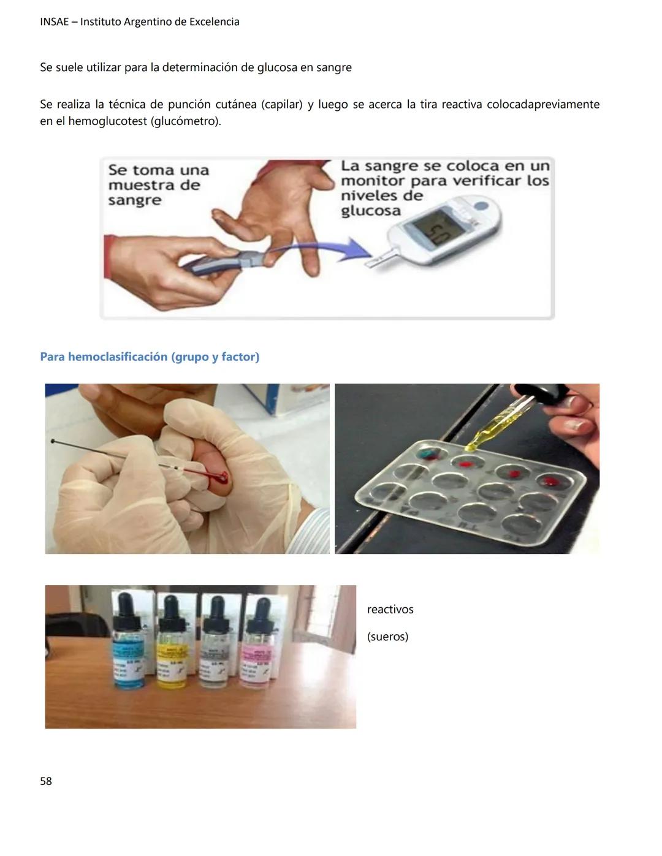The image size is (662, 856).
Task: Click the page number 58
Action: (x=46, y=781)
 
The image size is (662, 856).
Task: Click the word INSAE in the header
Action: (x=55, y=22)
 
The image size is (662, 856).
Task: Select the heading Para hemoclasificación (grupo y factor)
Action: (x=150, y=357)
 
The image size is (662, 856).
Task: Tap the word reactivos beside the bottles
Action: (x=390, y=609)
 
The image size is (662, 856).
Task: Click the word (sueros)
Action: (x=387, y=636)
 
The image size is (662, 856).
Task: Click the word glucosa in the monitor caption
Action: (x=370, y=211)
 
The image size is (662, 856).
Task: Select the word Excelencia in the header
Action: (x=214, y=22)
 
